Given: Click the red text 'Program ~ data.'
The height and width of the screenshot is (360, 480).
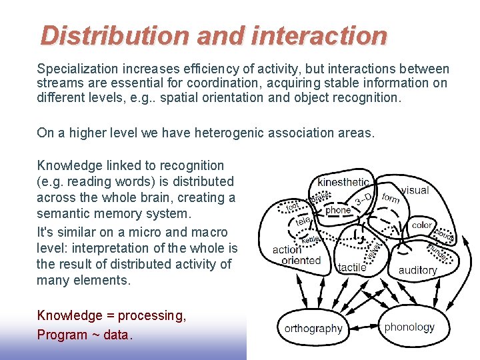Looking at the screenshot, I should tap(85, 335).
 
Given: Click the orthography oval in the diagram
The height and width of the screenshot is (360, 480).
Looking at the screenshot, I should tap(313, 328).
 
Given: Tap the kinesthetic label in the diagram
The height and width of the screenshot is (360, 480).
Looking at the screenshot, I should tap(343, 182).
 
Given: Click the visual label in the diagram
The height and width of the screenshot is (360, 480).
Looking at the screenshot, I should tap(415, 190).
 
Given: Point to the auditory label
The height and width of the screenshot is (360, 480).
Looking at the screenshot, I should tap(417, 270).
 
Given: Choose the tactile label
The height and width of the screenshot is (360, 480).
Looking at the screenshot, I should tap(352, 267).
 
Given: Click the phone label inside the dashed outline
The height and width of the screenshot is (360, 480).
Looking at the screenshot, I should tap(337, 210).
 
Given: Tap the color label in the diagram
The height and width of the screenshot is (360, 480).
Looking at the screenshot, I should tap(422, 225).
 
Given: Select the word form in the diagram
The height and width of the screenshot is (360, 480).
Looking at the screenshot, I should tap(391, 198).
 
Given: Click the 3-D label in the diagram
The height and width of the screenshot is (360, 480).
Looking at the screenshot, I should tap(363, 199).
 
